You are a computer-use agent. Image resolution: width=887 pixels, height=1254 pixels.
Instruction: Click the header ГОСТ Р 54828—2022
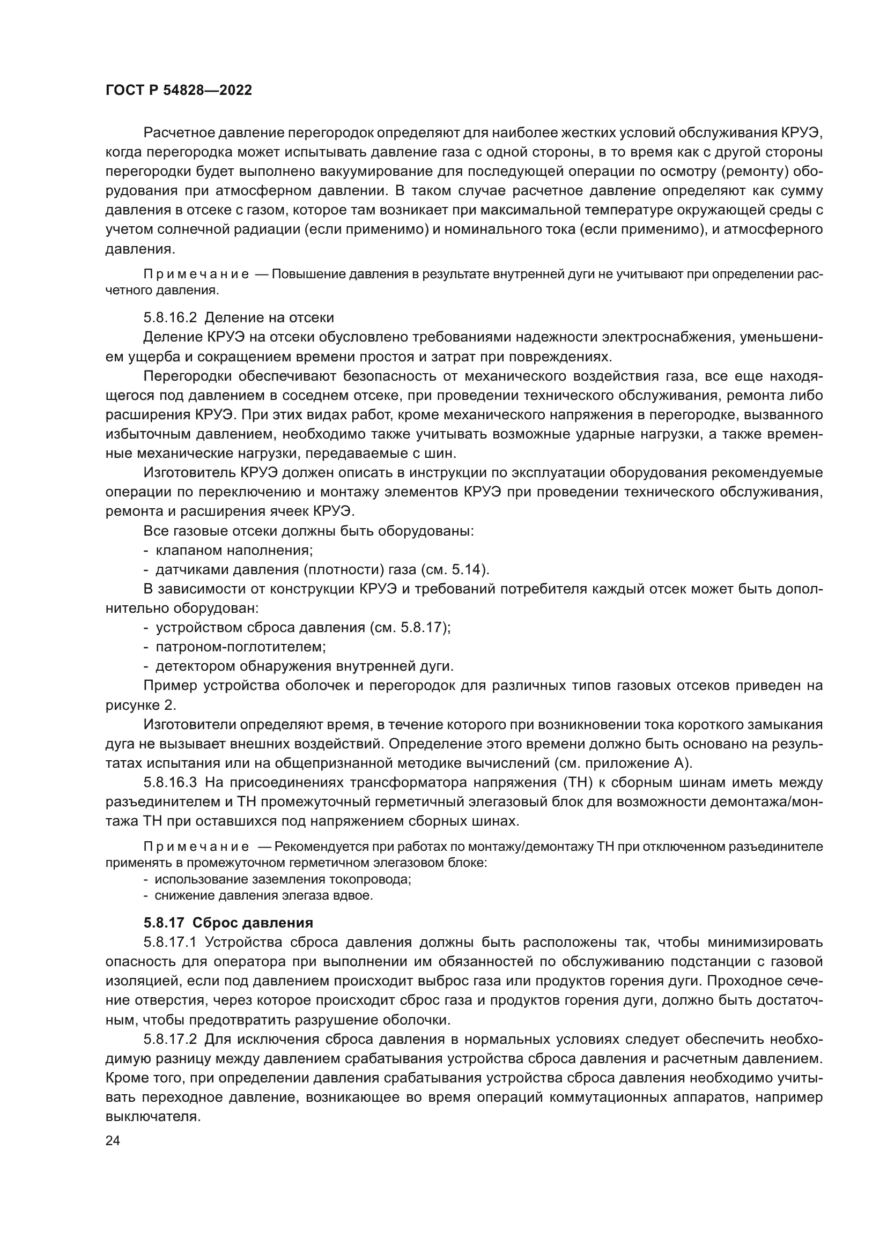179,91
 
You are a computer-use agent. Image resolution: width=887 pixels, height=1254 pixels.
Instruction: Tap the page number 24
113,1140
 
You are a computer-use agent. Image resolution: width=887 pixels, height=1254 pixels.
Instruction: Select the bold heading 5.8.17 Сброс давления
228,923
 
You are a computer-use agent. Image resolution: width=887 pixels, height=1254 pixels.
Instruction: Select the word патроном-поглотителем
240,647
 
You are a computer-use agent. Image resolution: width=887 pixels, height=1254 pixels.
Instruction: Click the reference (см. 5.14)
455,570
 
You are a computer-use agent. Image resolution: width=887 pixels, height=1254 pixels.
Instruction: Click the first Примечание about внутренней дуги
196,274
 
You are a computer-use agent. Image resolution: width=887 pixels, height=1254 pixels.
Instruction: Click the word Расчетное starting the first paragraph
178,133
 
